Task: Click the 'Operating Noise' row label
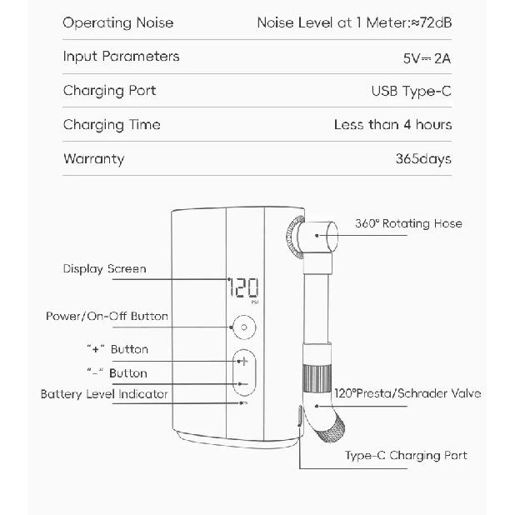coord(117,23)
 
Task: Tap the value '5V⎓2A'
coord(427,58)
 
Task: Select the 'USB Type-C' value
coord(411,92)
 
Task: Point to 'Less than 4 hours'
coord(392,125)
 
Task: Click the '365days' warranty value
coord(423,159)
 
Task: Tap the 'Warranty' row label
coord(94,159)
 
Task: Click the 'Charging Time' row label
coord(112,125)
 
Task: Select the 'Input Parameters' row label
coord(121,57)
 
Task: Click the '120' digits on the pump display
coord(243,287)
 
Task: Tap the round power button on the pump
coord(244,327)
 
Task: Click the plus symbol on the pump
coord(243,362)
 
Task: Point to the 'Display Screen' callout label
coord(104,269)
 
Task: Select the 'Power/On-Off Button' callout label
coord(107,317)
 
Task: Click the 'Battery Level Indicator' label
coord(104,394)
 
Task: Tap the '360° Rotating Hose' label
coord(408,223)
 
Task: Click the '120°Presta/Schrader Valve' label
coord(407,393)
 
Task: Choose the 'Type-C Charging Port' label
coord(406,456)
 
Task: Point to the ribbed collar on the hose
coord(317,378)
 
